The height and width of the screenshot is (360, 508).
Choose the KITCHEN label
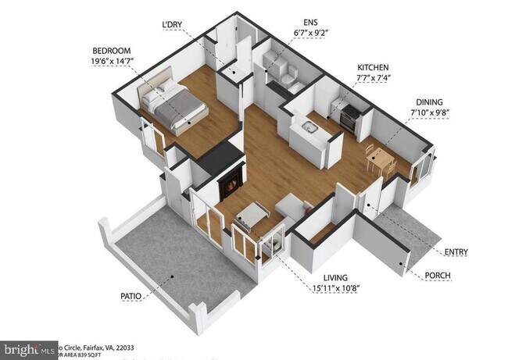[x=373, y=67]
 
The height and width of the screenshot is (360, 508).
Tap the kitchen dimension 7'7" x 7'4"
[x=373, y=79]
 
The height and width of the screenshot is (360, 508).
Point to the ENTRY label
[x=456, y=251]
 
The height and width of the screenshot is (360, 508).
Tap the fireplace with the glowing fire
[x=231, y=186]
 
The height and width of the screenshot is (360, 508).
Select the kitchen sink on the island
[x=309, y=127]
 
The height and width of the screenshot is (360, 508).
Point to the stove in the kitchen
[x=349, y=115]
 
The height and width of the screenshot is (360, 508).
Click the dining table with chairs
[x=381, y=159]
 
